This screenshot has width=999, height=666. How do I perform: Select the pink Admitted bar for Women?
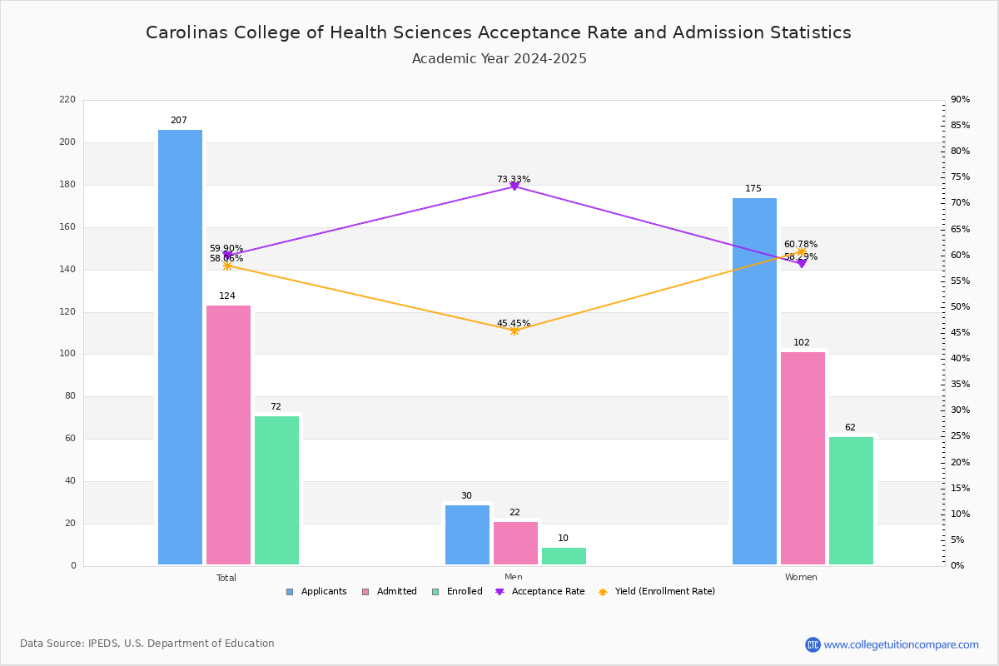[x=803, y=458]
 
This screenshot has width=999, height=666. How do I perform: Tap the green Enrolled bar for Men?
[x=564, y=556]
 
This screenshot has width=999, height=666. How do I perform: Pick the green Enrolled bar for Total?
[x=276, y=490]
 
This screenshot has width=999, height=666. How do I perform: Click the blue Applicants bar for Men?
[x=467, y=534]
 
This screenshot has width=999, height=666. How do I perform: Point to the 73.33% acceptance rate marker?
[x=514, y=186]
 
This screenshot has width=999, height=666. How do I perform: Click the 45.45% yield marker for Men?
[x=514, y=331]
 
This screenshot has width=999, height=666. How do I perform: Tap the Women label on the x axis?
[x=801, y=578]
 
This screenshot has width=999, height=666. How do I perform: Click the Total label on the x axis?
[x=226, y=578]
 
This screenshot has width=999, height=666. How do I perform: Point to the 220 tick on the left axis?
[x=67, y=100]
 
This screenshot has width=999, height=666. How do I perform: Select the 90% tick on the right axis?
[x=960, y=100]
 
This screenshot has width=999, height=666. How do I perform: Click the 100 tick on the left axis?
[x=67, y=354]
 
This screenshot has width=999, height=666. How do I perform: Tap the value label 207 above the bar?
[x=179, y=121]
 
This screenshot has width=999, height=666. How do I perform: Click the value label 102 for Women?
[x=802, y=343]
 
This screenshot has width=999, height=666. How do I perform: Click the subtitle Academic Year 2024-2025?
[x=499, y=59]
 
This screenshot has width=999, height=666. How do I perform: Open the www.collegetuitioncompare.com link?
[x=901, y=644]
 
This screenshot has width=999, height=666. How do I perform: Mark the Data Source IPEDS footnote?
[x=147, y=644]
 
